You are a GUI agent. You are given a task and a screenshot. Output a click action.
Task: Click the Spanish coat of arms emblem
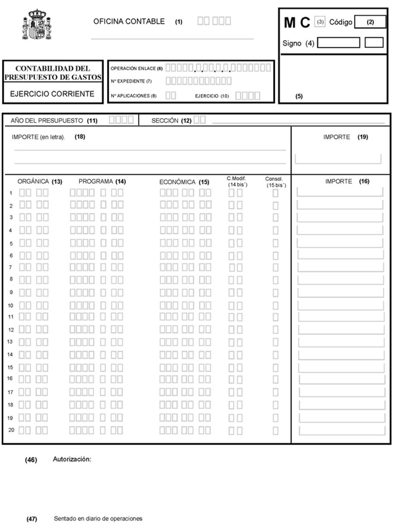[37, 25]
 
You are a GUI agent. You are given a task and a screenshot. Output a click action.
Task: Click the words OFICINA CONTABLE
[129, 22]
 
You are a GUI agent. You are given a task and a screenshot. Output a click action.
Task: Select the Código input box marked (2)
[370, 22]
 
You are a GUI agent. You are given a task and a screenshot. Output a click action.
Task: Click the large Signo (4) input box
[338, 43]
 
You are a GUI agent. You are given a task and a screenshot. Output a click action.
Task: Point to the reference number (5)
[299, 97]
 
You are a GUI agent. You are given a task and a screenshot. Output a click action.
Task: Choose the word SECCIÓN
[165, 121]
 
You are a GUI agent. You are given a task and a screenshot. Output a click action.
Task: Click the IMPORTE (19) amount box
[338, 159]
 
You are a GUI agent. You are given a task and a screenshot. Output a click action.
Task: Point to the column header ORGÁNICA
[33, 181]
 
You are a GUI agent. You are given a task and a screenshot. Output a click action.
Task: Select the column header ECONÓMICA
[177, 182]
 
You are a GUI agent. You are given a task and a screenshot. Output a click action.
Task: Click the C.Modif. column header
[236, 178]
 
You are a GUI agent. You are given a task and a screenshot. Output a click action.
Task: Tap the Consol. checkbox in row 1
[275, 194]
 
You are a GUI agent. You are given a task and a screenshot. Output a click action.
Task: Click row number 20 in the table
[11, 430]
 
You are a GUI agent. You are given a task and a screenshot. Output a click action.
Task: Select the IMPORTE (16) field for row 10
[340, 306]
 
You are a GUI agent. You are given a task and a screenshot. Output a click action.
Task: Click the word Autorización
[72, 459]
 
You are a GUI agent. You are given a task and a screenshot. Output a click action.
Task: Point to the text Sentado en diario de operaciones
[98, 519]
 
